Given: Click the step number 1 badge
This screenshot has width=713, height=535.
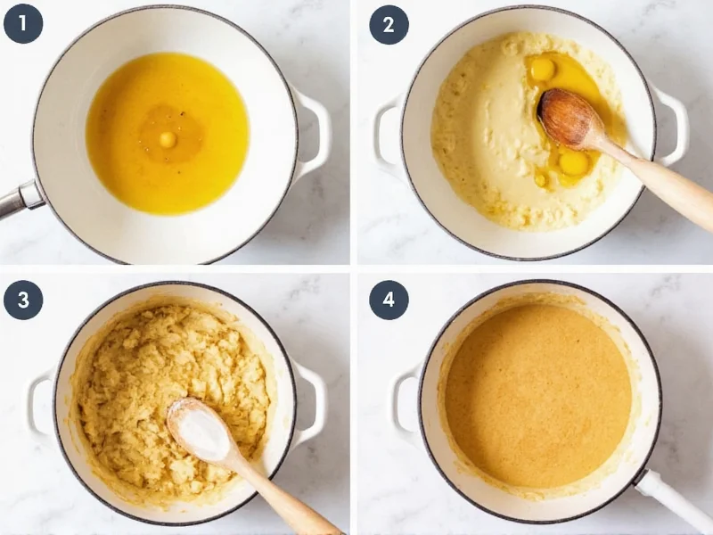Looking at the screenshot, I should pyautogui.click(x=22, y=24).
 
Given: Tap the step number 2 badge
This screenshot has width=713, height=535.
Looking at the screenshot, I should pyautogui.click(x=389, y=24).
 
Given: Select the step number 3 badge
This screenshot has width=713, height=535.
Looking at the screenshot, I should pyautogui.click(x=22, y=300).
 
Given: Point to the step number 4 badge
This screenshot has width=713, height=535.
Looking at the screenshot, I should pyautogui.click(x=389, y=300).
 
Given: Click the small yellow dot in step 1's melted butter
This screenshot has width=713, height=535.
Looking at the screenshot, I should pyautogui.click(x=167, y=139).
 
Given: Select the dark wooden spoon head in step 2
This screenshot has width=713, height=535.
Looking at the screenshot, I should pyautogui.click(x=569, y=118).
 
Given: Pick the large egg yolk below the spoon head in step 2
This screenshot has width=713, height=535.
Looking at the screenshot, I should pyautogui.click(x=573, y=163).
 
